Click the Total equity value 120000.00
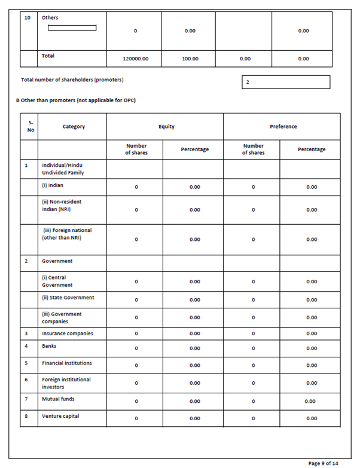pos(136,59)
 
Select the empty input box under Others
pos(72,27)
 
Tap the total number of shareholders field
pos(286,82)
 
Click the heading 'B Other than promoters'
pos(75,100)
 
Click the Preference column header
pos(282,127)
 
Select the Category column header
pos(74,127)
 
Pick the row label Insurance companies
pos(68,333)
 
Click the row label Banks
pos(50,345)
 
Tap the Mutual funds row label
pos(58,399)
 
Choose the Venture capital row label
pos(60,416)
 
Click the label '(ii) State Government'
pos(68,298)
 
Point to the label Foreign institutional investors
pos(66,383)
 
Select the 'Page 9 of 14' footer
pos(324,463)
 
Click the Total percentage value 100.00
pos(190,59)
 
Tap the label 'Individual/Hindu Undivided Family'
pos(63,168)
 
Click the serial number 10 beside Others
pos(28,18)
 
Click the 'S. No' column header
pos(30,127)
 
